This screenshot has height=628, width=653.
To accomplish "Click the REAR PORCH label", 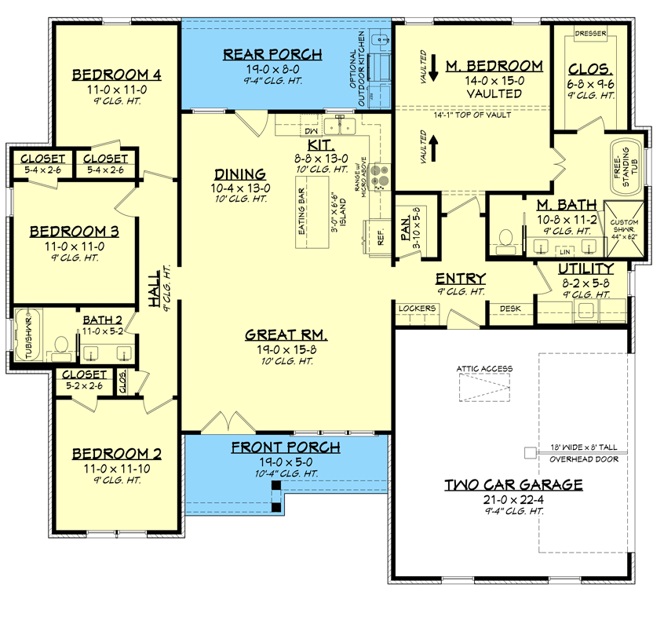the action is [x=272, y=54].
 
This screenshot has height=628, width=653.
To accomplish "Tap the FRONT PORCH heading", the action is [x=286, y=447].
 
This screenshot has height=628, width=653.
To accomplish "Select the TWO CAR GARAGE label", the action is [x=513, y=485].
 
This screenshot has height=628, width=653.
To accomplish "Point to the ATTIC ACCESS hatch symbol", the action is [x=484, y=387].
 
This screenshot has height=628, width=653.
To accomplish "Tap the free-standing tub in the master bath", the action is [x=626, y=166].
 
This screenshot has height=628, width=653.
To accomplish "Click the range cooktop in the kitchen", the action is [x=380, y=176].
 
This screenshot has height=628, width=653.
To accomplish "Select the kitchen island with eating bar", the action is [x=312, y=213].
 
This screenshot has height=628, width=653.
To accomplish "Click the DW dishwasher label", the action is [x=311, y=131].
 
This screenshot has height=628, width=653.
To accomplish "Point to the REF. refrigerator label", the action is [x=380, y=236].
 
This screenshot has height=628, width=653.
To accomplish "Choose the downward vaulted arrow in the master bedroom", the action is [x=433, y=68].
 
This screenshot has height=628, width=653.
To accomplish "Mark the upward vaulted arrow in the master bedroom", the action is [x=433, y=148].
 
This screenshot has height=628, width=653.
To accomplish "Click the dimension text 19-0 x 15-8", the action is [x=286, y=350].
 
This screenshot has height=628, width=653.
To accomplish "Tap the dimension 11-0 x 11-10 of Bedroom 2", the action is [x=117, y=469].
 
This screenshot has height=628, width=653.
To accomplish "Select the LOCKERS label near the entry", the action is [x=417, y=309].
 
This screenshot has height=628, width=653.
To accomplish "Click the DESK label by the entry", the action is [x=510, y=309].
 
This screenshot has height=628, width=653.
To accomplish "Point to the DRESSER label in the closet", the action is [x=590, y=33].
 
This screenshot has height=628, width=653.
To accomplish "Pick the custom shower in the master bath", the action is [x=624, y=229].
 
